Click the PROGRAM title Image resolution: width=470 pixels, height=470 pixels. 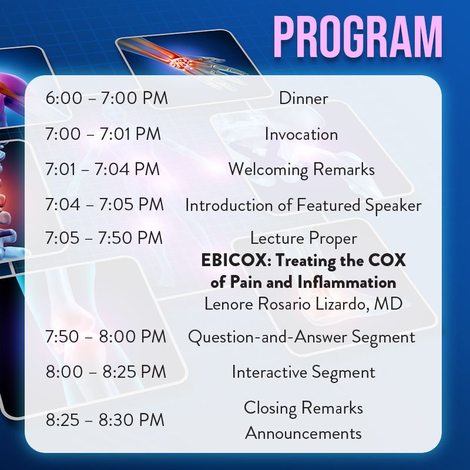(x=358, y=36)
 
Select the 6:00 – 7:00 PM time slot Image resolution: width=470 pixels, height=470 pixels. (x=107, y=98)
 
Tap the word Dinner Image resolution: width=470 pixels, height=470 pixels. (x=303, y=98)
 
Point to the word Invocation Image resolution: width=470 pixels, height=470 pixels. (x=301, y=134)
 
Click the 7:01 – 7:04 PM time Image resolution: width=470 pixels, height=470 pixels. (x=102, y=169)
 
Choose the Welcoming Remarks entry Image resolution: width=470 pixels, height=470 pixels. (x=301, y=170)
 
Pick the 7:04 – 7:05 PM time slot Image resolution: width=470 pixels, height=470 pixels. (x=105, y=204)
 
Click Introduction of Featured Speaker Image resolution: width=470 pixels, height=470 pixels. (x=303, y=206)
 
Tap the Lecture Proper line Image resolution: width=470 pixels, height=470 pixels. (x=304, y=239)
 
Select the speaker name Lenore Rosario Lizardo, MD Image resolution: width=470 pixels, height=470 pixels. (x=303, y=304)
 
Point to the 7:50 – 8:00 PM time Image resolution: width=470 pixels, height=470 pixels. (x=106, y=336)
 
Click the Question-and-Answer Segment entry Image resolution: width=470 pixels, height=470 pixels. (x=301, y=337)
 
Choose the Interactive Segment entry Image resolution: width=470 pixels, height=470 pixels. (x=303, y=372)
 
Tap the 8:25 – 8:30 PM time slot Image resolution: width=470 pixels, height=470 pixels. (x=105, y=419)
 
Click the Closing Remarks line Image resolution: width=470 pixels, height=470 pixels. (x=303, y=408)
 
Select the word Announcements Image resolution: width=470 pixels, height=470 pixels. (x=303, y=434)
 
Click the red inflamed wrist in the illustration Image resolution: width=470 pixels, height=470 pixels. (x=179, y=62)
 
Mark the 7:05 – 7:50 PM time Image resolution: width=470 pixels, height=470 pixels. (x=104, y=238)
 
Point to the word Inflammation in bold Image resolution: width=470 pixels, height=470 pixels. (x=347, y=283)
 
